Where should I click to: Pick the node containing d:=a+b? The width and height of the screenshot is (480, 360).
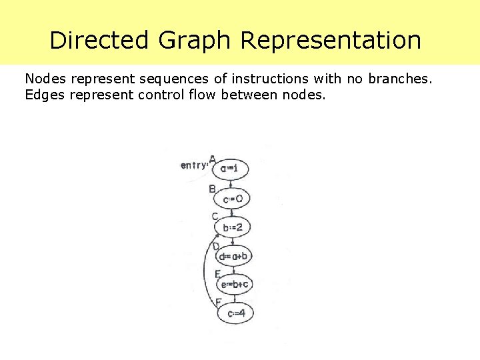point(233,256)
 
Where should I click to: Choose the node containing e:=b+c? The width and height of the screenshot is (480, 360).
point(235,285)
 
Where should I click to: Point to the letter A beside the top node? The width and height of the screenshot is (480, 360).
point(212,159)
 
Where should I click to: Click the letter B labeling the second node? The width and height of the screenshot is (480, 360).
point(212,189)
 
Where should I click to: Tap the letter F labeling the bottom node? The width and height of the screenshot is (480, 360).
point(218,302)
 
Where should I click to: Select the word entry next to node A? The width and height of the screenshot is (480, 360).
point(193,165)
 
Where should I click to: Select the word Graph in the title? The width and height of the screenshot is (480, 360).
point(195,40)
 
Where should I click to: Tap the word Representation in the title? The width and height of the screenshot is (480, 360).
point(331,40)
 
